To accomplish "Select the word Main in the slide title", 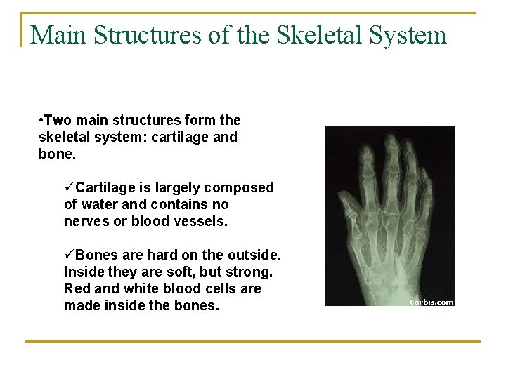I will click(57, 34).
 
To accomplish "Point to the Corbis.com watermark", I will click(432, 302).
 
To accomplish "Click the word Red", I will click(77, 288).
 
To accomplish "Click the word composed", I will click(241, 188).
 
